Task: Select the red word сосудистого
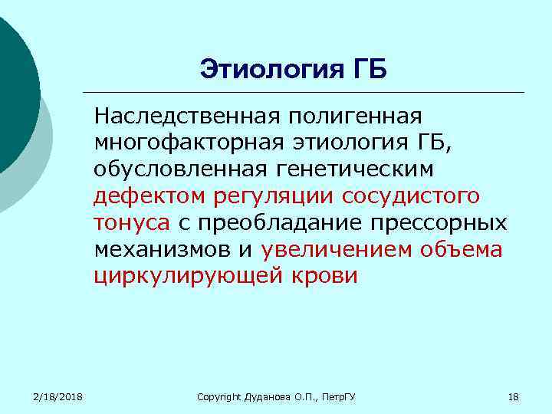pos(411,196)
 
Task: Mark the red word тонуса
pos(132,223)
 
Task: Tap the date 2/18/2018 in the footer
pos(58,396)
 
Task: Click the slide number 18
pos(514,396)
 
